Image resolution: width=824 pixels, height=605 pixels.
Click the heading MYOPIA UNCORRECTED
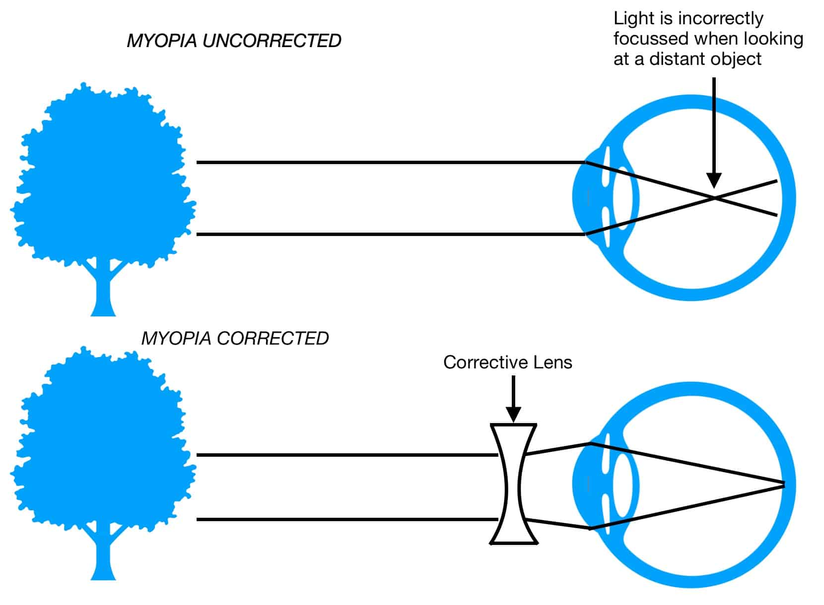pos(234,41)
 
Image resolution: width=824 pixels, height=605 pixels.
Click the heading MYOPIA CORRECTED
pos(235,338)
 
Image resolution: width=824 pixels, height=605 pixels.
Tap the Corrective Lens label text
pos(507,362)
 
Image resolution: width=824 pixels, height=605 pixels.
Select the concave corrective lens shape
pos(513,484)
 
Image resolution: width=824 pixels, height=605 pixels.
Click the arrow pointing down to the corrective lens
pos(513,397)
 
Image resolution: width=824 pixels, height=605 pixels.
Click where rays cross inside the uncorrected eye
pos(714,198)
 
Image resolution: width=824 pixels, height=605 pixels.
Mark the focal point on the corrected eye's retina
pos(783,484)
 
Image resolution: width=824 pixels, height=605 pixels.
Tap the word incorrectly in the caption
pos(720,19)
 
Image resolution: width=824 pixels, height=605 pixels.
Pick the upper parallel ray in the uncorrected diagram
pos(387,162)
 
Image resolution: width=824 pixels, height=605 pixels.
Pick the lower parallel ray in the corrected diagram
pos(347,519)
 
